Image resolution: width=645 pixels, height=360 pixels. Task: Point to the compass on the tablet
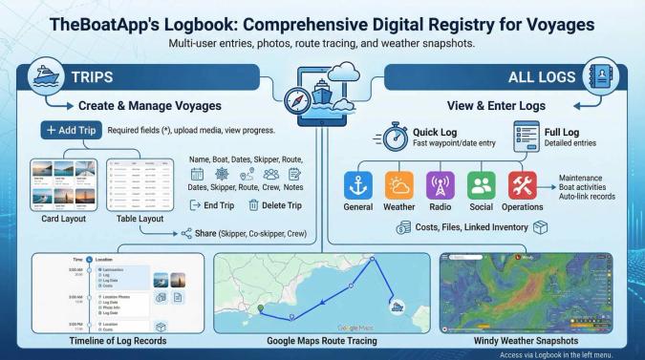[299, 98]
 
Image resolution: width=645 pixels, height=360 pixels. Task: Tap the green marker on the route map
[260, 307]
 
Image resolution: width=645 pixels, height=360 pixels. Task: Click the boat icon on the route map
[397, 307]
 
